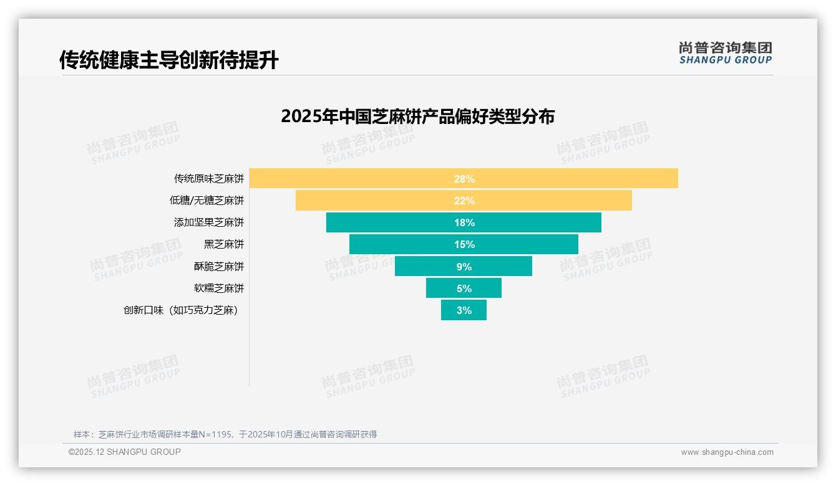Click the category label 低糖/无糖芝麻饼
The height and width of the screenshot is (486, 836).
pyautogui.click(x=207, y=201)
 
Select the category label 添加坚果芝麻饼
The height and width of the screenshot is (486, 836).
pyautogui.click(x=209, y=222)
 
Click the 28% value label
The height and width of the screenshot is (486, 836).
pyautogui.click(x=464, y=179)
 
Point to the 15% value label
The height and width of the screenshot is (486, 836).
pyautogui.click(x=464, y=244)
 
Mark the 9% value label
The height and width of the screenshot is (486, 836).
pyautogui.click(x=464, y=267)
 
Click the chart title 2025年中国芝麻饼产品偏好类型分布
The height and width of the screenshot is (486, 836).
pyautogui.click(x=417, y=117)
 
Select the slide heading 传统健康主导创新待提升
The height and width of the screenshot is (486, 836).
pyautogui.click(x=169, y=60)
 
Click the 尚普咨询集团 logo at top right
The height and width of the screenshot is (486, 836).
pyautogui.click(x=726, y=53)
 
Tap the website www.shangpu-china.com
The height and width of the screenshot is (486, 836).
pyautogui.click(x=727, y=452)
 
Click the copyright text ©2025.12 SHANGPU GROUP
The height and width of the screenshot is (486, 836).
pyautogui.click(x=125, y=452)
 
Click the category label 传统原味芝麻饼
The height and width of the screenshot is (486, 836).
pyautogui.click(x=209, y=179)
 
